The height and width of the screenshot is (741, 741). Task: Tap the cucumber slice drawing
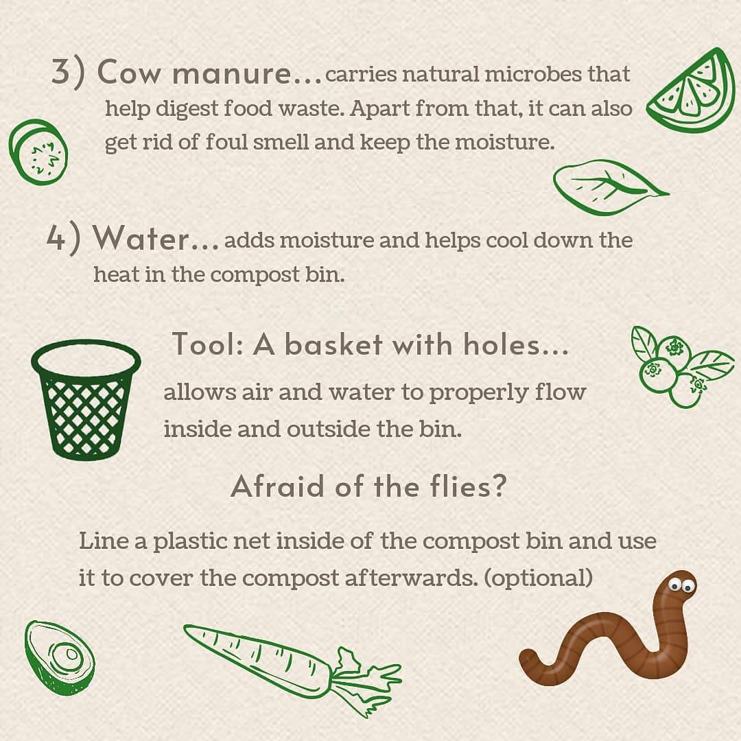(x=38, y=152)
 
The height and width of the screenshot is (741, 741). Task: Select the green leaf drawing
(x=610, y=187)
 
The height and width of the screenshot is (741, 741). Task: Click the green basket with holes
(x=86, y=399)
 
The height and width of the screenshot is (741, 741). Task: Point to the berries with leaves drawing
(x=681, y=366)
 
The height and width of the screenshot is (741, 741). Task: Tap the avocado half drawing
(x=59, y=657)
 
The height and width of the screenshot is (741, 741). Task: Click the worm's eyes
(x=681, y=585)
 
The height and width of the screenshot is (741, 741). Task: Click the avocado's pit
(x=70, y=655)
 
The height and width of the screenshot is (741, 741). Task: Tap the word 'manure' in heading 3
(x=232, y=74)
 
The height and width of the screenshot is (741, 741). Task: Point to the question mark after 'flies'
(x=499, y=485)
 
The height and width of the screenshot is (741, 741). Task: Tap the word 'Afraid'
(x=278, y=486)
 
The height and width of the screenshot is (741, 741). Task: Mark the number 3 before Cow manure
(x=61, y=72)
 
